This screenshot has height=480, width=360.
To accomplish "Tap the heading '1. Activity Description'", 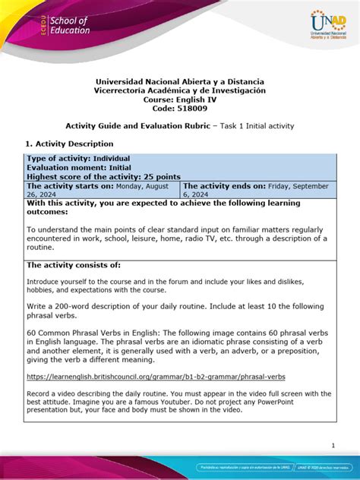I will (68, 144).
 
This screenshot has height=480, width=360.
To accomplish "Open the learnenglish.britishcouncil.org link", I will (156, 376).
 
